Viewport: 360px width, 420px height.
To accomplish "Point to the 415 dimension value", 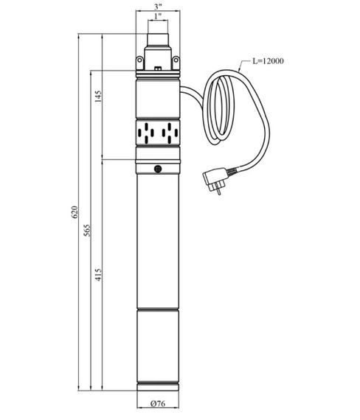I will (98, 277).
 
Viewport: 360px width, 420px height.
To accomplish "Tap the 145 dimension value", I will (98, 97).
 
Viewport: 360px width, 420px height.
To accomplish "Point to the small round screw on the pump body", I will (158, 169).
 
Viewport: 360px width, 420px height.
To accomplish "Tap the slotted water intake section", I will (158, 133).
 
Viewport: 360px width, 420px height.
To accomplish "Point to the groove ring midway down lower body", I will (158, 311).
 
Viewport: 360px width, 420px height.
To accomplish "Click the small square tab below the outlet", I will (158, 69).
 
